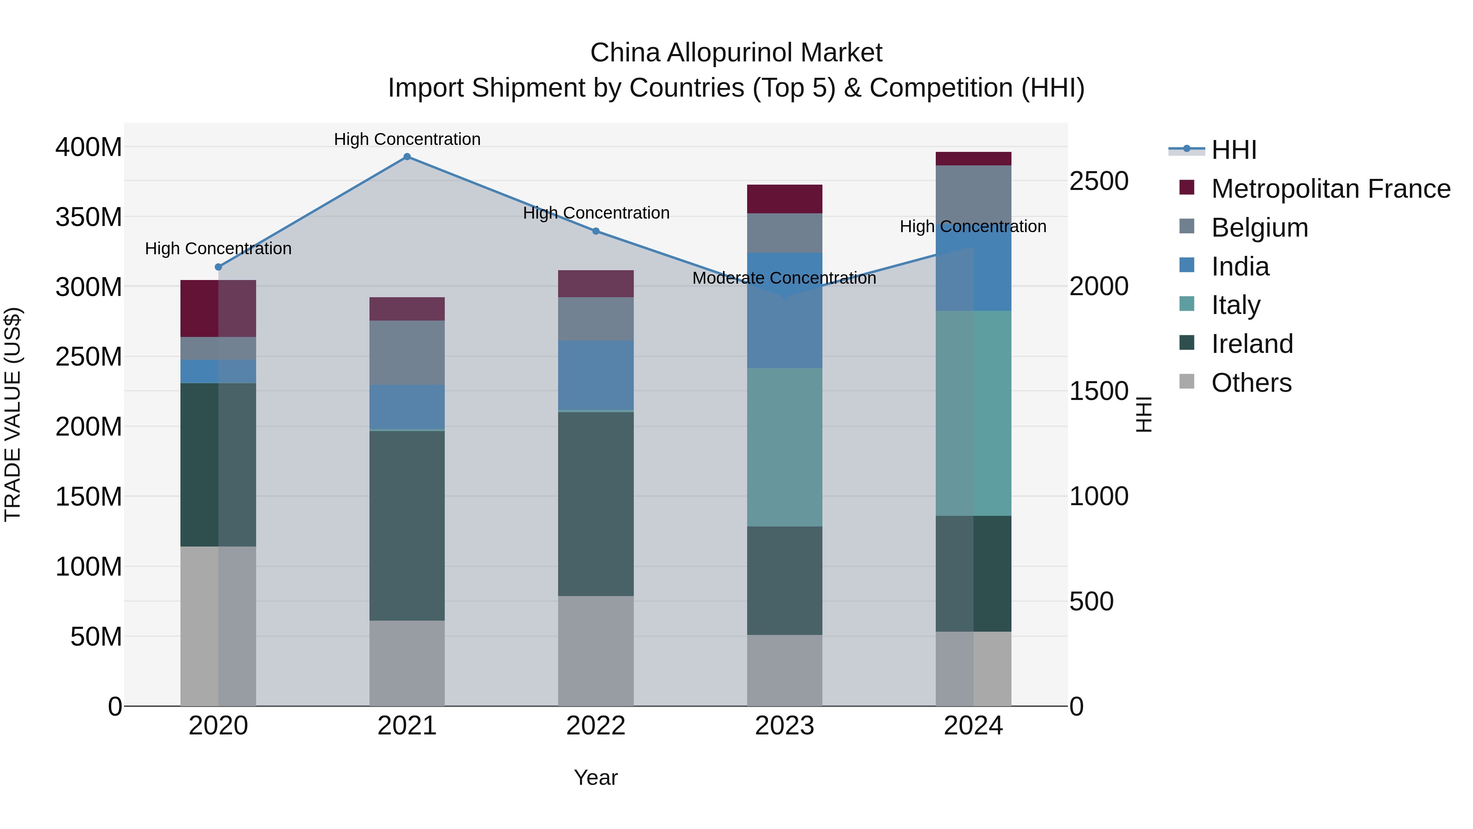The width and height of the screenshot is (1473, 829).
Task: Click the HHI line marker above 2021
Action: click(407, 157)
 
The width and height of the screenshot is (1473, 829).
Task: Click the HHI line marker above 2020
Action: click(218, 267)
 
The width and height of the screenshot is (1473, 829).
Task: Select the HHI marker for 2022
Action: click(595, 231)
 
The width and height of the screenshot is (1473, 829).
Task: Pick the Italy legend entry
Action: click(1235, 305)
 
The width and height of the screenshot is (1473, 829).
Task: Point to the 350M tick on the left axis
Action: click(89, 217)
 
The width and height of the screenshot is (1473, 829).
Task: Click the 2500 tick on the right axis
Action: click(1099, 181)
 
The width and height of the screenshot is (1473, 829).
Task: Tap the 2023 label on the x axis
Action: click(784, 725)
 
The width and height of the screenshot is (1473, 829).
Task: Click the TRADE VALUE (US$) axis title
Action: click(13, 414)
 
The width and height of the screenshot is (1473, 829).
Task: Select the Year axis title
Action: click(595, 777)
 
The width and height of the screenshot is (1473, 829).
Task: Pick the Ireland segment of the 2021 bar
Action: click(407, 525)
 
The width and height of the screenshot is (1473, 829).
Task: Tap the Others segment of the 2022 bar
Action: click(595, 651)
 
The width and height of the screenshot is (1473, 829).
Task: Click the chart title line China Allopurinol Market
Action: click(736, 53)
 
